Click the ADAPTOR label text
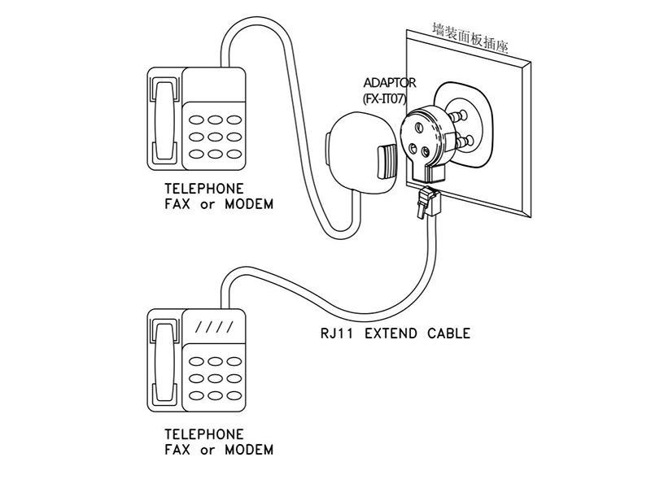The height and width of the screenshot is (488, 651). [389, 83]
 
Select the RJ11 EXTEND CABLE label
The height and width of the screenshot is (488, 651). [395, 333]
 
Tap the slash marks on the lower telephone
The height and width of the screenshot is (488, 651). [216, 329]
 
